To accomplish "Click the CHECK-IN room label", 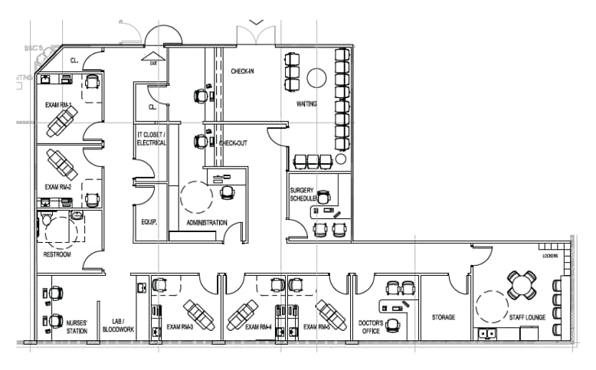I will [243, 71].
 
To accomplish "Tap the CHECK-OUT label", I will [233, 143].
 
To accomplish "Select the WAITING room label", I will [306, 103].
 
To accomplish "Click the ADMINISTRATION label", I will [207, 223].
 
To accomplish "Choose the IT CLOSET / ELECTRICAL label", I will [151, 139].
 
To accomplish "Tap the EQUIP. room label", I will [149, 223].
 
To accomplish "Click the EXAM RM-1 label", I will [58, 105].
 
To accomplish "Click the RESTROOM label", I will [57, 254].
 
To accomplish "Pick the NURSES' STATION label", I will [77, 328].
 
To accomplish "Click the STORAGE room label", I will [443, 317].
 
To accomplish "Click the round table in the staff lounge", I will [522, 285].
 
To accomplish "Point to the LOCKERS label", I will [549, 256].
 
